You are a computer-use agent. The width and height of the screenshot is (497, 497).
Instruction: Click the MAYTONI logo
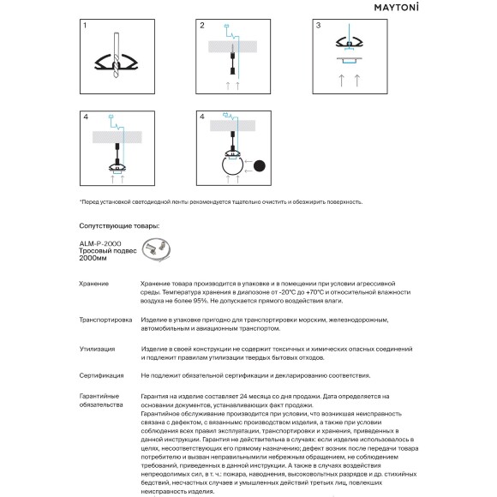(396, 7)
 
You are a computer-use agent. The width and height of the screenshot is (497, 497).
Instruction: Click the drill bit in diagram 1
(117, 55)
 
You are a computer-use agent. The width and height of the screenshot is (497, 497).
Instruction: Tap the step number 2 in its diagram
(202, 26)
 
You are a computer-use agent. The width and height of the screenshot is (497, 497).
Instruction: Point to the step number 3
(318, 26)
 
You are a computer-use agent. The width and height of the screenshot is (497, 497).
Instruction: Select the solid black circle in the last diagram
(260, 165)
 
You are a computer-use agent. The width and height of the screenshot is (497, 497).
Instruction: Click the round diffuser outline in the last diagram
(233, 165)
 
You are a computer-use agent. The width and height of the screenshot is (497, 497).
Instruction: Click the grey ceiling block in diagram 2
(232, 46)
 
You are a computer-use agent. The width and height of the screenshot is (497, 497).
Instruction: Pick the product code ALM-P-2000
(100, 243)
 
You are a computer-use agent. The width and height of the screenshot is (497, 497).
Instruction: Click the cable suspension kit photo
(156, 249)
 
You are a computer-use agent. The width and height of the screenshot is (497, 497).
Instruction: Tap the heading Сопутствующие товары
(119, 226)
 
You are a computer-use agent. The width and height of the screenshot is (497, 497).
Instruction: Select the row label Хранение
(93, 284)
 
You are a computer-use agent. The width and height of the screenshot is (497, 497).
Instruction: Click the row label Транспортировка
(105, 320)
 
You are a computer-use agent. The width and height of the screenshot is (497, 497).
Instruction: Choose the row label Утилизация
(98, 349)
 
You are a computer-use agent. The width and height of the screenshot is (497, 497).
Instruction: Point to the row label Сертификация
(101, 375)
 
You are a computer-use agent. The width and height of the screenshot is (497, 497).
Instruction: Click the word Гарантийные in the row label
(99, 396)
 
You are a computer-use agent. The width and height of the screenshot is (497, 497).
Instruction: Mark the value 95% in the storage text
(200, 301)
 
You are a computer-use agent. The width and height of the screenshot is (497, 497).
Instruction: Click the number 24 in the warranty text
(243, 396)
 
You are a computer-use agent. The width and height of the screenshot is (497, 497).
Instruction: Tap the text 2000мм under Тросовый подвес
(93, 258)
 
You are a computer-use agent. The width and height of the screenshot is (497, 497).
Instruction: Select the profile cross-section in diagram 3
(350, 43)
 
